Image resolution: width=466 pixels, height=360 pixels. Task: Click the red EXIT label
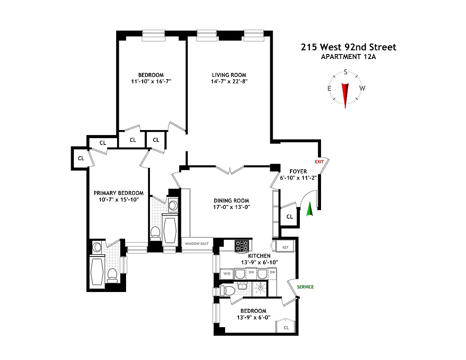tap(319, 162)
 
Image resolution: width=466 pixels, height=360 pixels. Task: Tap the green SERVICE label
tap(305, 287)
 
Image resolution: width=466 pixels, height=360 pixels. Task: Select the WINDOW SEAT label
tap(197, 244)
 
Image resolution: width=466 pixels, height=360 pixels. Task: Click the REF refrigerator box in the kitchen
tap(285, 247)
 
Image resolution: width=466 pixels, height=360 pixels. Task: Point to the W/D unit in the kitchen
tap(226, 274)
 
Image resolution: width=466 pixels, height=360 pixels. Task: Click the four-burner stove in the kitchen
tap(242, 245)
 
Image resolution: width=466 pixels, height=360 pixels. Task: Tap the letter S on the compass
tap(345, 72)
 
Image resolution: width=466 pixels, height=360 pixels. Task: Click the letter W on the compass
tap(362, 88)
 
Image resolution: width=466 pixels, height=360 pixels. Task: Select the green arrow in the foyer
tap(309, 209)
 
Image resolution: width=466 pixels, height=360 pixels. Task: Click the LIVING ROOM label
tap(229, 75)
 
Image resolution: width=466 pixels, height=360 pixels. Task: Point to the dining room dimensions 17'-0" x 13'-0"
tap(231, 207)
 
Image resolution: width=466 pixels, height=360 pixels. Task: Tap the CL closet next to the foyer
tap(290, 216)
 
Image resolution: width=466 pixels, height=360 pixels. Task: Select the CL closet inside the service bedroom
tap(286, 328)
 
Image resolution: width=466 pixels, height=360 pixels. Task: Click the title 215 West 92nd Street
tap(348, 47)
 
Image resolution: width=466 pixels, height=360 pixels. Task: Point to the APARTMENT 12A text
tap(348, 57)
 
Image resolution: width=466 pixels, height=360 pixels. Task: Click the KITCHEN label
tap(246, 256)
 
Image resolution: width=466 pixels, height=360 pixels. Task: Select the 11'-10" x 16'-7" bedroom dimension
tap(150, 81)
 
